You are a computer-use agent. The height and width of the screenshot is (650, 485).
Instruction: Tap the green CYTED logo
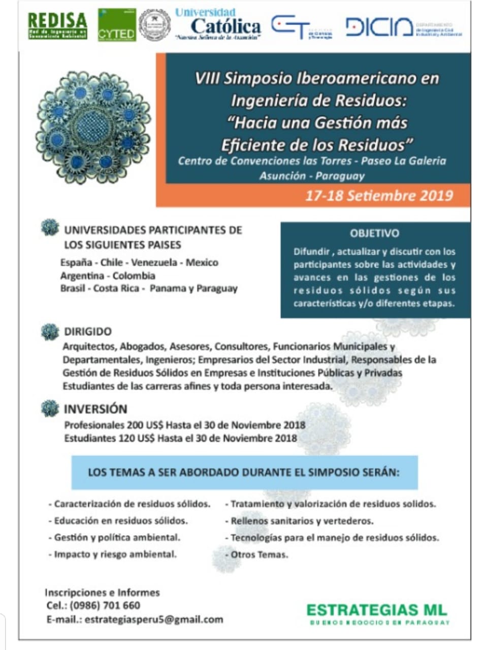[117, 25]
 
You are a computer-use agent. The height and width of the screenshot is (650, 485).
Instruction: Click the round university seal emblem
[154, 25]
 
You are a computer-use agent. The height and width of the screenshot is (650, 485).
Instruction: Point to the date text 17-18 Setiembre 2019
[379, 196]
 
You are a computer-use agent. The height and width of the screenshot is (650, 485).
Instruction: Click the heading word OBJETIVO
[374, 234]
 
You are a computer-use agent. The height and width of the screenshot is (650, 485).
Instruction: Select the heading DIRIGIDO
[87, 332]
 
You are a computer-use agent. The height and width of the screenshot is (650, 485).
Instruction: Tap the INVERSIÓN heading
[95, 409]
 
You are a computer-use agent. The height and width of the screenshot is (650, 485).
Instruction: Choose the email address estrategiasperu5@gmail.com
[154, 620]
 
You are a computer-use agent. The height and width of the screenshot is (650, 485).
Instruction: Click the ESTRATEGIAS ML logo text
[377, 610]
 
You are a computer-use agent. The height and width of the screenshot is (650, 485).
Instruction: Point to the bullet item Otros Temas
[259, 555]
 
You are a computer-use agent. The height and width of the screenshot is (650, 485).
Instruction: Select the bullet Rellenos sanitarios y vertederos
[302, 521]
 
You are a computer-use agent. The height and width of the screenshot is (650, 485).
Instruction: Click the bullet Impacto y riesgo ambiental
[115, 554]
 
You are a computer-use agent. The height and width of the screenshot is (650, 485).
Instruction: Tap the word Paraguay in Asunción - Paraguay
[340, 176]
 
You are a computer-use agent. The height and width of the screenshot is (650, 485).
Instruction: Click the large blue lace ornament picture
[93, 127]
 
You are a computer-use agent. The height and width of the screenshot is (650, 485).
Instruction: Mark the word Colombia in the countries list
[134, 276]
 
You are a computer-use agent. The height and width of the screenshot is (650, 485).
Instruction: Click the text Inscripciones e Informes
[102, 592]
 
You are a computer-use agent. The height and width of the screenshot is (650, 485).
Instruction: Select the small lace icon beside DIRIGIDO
[50, 332]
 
